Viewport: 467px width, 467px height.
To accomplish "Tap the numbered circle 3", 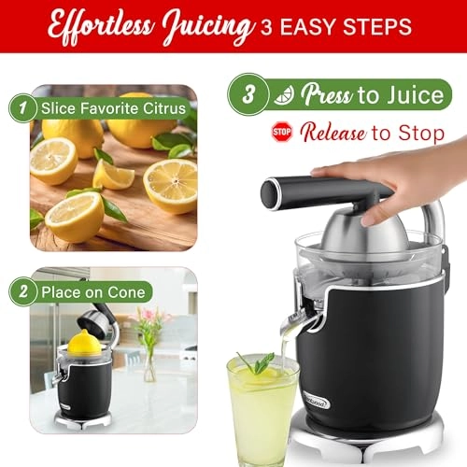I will pos(248,93).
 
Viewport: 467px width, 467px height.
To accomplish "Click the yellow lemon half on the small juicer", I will pos(83,342).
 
